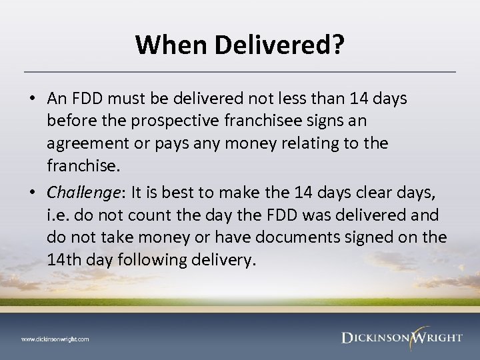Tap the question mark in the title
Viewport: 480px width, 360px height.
tap(339, 45)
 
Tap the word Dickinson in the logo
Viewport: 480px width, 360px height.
tap(376, 337)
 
